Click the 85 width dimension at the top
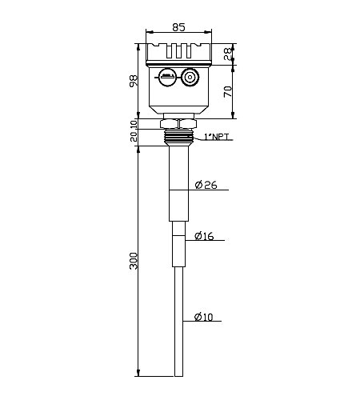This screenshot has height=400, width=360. pos(178,27)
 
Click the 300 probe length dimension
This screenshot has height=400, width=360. pos(134,261)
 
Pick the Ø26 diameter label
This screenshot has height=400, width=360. pos(206,186)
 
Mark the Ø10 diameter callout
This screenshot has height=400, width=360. pos(203,318)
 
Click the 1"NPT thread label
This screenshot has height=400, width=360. pos(217,138)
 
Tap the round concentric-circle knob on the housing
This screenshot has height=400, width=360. pos(190,78)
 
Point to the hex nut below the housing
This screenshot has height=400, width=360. pos(178,124)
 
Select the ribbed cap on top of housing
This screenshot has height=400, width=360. pos(178,53)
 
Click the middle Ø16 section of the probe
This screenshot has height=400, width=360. pos(178,244)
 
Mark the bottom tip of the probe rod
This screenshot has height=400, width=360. pos(178,374)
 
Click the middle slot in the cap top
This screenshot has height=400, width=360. pos(178,50)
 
